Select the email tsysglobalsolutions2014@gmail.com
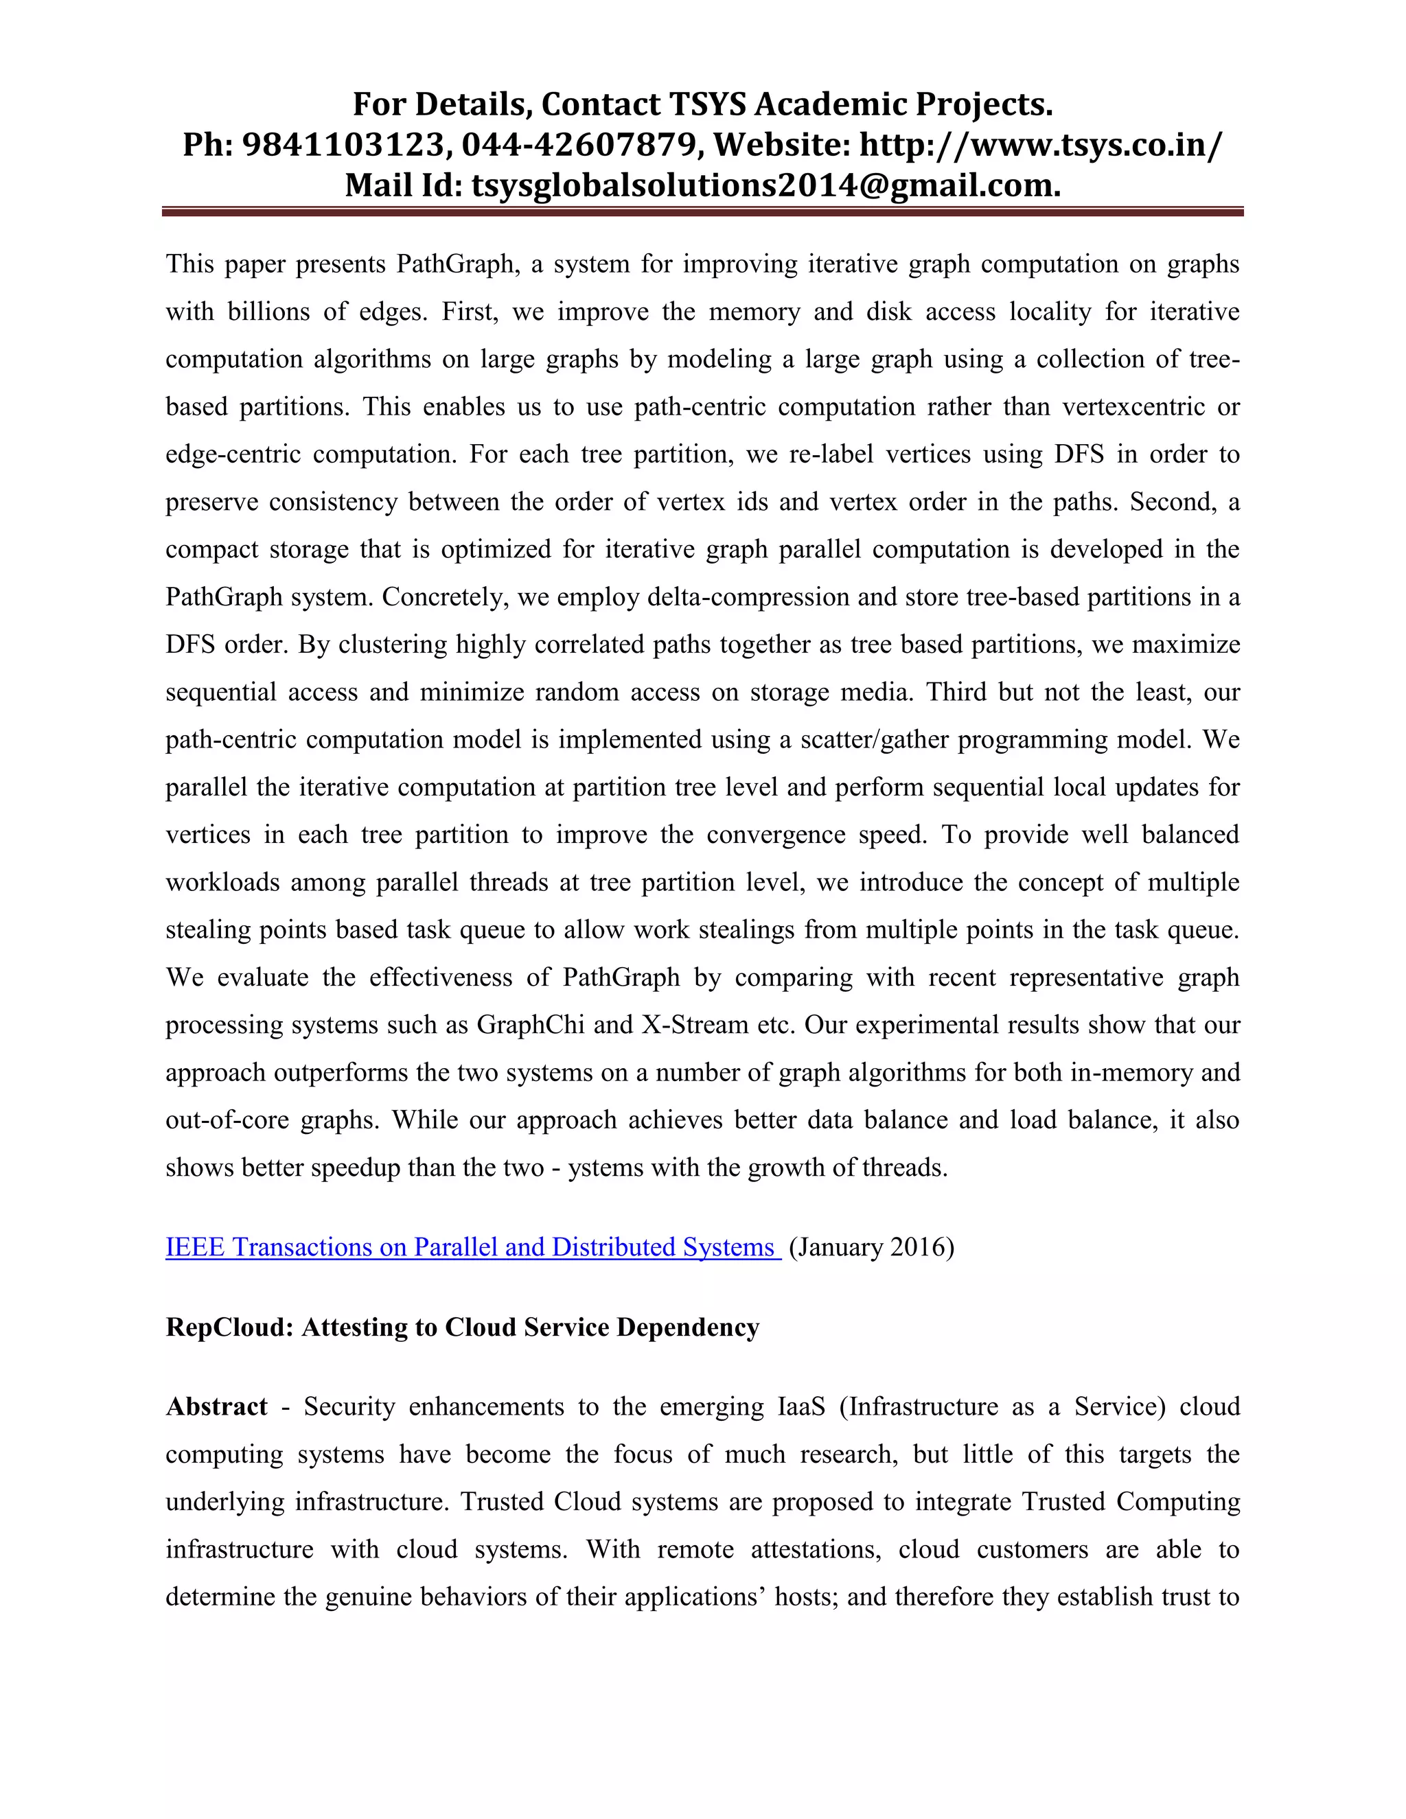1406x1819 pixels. point(766,185)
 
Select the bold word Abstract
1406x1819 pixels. point(216,1406)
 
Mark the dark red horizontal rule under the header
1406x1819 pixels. point(702,212)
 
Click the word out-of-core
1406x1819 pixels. point(227,1120)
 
